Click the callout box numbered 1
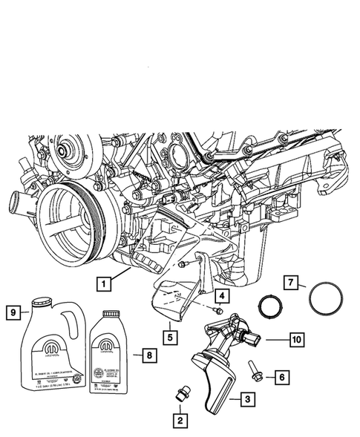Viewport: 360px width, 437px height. tap(105, 282)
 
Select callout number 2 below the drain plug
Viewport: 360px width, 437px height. tap(180, 421)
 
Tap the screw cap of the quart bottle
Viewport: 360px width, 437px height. tap(111, 315)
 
